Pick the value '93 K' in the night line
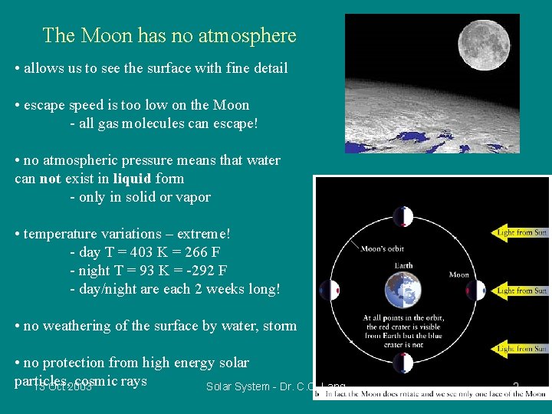click(x=145, y=271)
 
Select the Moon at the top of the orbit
click(x=403, y=217)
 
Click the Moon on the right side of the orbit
click(x=476, y=291)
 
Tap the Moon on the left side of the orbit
click(x=330, y=291)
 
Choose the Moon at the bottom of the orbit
click(x=403, y=365)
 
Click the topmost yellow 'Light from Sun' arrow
click(x=520, y=232)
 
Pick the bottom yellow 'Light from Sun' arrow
click(x=520, y=349)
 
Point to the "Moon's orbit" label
click(x=382, y=248)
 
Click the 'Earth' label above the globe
click(x=403, y=265)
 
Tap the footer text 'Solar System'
click(x=238, y=387)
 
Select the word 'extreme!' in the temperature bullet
click(x=202, y=234)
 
